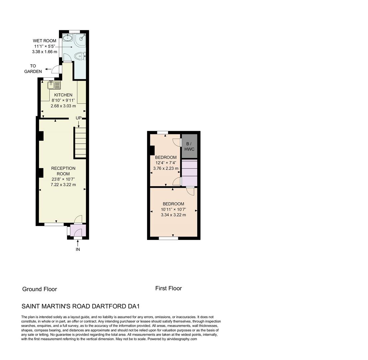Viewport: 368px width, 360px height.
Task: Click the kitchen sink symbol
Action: coord(54,85)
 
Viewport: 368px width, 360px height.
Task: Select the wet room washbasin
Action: coord(68,38)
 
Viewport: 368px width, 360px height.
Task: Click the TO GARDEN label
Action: coord(33,69)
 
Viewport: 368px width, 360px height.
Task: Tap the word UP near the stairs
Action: coord(79,118)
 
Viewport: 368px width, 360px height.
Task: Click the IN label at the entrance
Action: coord(78,249)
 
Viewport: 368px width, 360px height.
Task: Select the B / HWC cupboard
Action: coord(189,146)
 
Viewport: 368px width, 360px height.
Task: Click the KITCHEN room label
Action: coord(63,95)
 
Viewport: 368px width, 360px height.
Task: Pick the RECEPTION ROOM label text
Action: coord(63,171)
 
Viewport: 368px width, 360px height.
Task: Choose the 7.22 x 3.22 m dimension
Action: coord(63,185)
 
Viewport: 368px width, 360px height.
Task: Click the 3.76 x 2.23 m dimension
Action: coord(166,168)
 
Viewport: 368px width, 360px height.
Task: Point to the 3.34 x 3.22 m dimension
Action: coord(173,215)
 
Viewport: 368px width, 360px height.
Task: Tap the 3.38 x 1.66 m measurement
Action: coord(44,52)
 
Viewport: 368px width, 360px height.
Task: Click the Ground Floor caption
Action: coord(39,289)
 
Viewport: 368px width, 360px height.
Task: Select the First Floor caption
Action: coord(168,288)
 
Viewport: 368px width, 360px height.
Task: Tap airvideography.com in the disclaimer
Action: coord(182,339)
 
